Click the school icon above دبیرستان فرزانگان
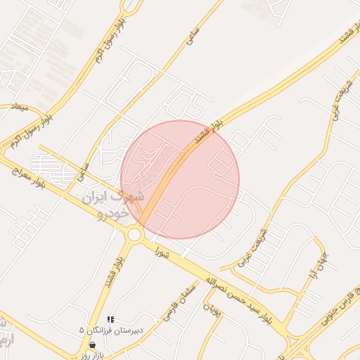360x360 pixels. (x=110, y=320)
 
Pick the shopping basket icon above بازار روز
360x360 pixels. (x=93, y=345)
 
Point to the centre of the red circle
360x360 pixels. (x=180, y=179)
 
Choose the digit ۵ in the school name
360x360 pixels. (x=82, y=330)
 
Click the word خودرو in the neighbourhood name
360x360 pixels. (x=112, y=212)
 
